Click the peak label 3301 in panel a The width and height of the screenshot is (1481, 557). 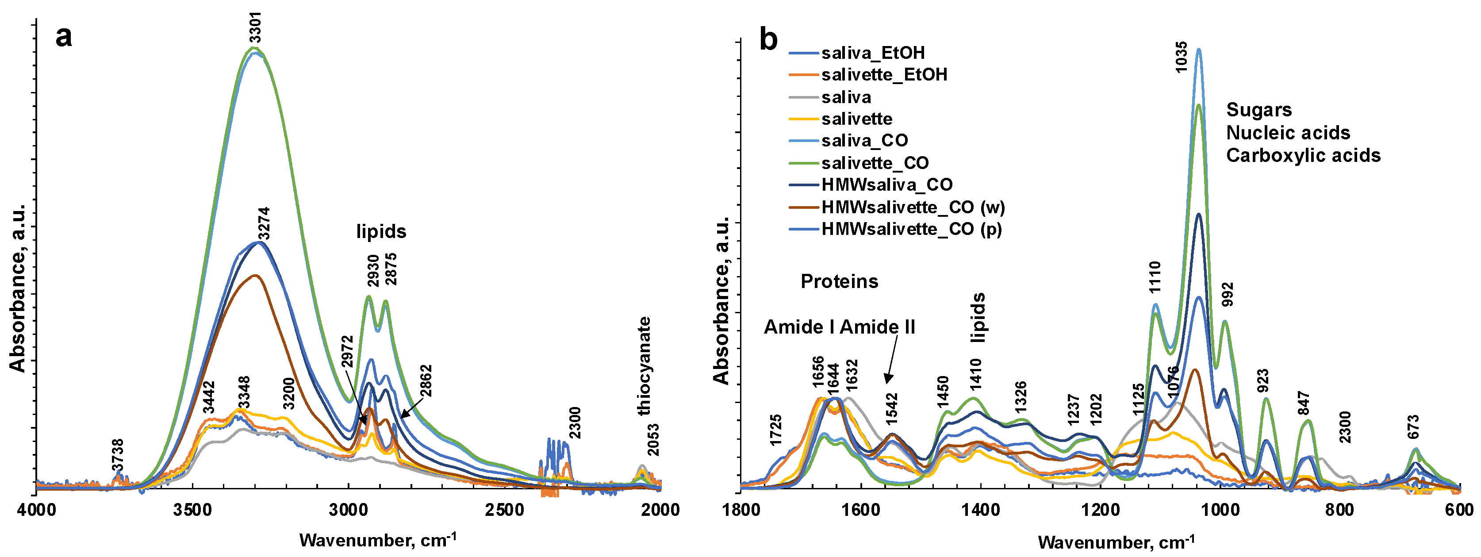pyautogui.click(x=255, y=27)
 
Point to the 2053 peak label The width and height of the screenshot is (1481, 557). pyautogui.click(x=652, y=440)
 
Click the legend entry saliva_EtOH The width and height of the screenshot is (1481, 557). pyautogui.click(x=873, y=53)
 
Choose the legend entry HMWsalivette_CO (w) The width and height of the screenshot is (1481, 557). pyautogui.click(x=913, y=207)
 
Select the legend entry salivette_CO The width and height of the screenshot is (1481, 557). pyautogui.click(x=875, y=163)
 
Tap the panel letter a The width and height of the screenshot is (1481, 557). pyautogui.click(x=64, y=37)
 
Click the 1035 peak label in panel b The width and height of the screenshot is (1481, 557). pyautogui.click(x=1181, y=57)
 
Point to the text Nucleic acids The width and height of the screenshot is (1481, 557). pyautogui.click(x=1288, y=133)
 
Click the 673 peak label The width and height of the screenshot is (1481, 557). pyautogui.click(x=1413, y=427)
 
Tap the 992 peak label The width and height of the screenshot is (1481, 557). pyautogui.click(x=1228, y=294)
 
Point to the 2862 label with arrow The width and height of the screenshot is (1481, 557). pyautogui.click(x=426, y=381)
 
